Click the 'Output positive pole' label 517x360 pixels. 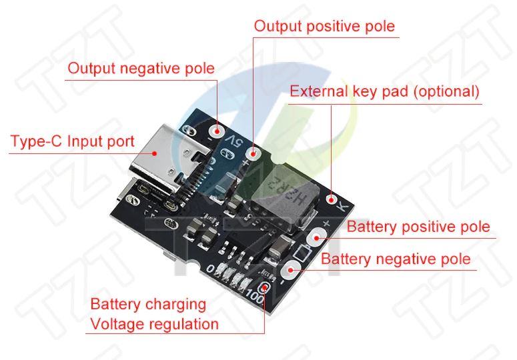coord(324,27)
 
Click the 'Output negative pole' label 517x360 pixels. coord(141,68)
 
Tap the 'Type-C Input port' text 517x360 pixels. coord(72,142)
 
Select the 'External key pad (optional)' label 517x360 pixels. coord(384,92)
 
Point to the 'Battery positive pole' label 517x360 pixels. coord(418,227)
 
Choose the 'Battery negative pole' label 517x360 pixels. coord(396,259)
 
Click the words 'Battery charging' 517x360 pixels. coord(148,305)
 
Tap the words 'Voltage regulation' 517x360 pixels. coord(154,325)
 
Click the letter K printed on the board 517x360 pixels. coord(344,206)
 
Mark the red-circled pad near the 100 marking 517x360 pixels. coord(266,288)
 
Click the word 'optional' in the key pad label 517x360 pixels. coord(447,92)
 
